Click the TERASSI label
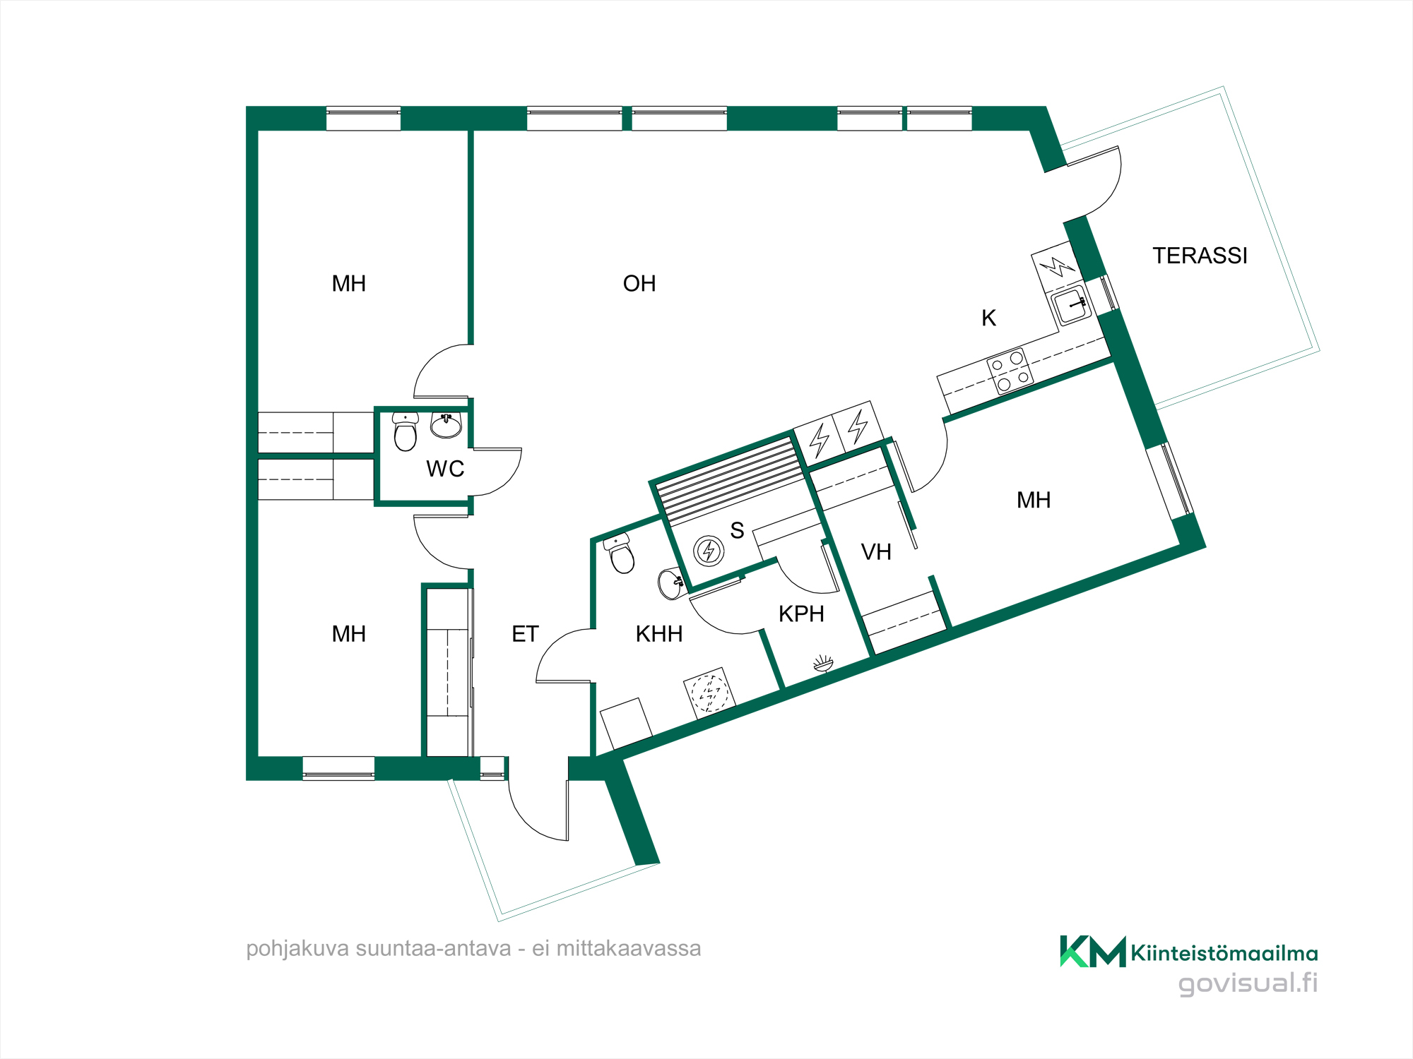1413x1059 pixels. click(1200, 256)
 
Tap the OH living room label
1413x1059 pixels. click(639, 284)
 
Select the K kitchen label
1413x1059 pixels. click(989, 318)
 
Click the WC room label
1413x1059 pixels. click(445, 469)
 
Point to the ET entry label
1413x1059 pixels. click(525, 634)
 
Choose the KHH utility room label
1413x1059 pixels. click(659, 634)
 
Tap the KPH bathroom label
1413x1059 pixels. click(801, 614)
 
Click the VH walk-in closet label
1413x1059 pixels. click(876, 552)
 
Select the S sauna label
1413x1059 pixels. click(737, 530)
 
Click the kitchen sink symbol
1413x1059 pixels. click(1071, 305)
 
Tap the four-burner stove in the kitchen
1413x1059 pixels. click(1010, 371)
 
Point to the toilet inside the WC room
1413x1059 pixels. click(406, 431)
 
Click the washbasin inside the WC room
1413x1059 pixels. click(447, 425)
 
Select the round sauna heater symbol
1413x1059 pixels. click(709, 551)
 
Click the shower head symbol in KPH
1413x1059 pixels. click(823, 663)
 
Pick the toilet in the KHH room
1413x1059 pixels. click(620, 554)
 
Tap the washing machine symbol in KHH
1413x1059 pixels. click(709, 693)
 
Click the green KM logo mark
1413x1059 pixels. click(1093, 951)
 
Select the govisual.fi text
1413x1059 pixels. click(1248, 983)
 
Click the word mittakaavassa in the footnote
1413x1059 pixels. click(629, 948)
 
